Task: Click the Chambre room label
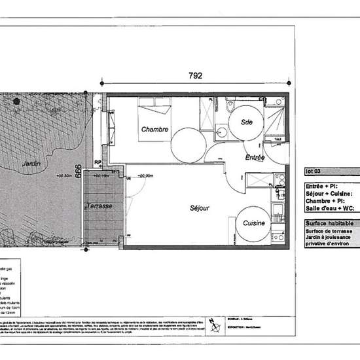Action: (155, 130)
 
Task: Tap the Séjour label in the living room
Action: (200, 209)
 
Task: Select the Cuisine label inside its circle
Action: (254, 223)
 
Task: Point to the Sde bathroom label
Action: (247, 122)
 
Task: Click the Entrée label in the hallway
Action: (255, 158)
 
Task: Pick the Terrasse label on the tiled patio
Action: (99, 206)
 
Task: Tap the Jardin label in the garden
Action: (28, 163)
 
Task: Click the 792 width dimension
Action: (194, 75)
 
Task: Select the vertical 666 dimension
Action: (77, 171)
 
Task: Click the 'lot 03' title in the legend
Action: (314, 172)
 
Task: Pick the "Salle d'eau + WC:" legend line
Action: (330, 208)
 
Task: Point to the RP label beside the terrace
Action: (98, 163)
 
